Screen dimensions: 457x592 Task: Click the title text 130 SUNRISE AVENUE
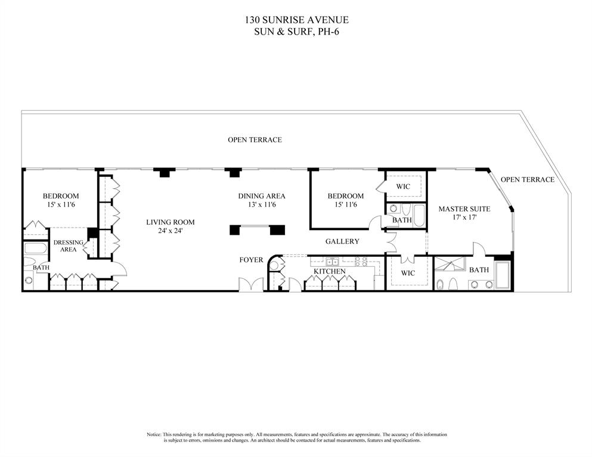tap(296, 20)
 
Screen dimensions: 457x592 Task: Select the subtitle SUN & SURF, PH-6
tap(296, 31)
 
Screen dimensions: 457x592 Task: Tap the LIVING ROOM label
tap(171, 222)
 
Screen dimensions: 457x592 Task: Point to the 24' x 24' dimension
tap(171, 231)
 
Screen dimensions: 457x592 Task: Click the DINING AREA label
tap(262, 196)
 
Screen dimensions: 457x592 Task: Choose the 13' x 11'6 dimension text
tap(262, 205)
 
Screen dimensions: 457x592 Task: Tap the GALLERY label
tap(342, 241)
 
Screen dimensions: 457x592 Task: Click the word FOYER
tap(251, 260)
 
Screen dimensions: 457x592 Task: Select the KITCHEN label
tap(330, 272)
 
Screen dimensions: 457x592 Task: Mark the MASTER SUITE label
tap(464, 209)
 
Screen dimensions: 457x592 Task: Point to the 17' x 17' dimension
tap(464, 218)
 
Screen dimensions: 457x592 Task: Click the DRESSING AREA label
tap(69, 246)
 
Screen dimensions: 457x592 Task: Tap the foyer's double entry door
tap(250, 284)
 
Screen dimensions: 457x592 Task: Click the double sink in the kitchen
tap(332, 261)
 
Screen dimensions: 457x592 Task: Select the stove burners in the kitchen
tap(359, 261)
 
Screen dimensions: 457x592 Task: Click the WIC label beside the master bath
tap(408, 273)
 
